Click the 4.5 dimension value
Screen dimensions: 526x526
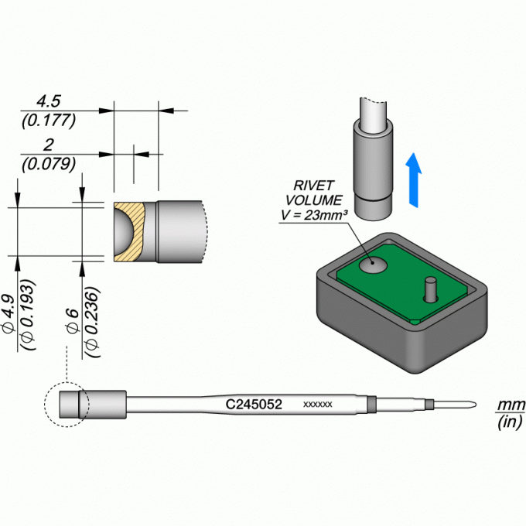pyautogui.click(x=49, y=101)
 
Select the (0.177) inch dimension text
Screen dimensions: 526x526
pyautogui.click(x=49, y=121)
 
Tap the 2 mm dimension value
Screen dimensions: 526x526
pyautogui.click(x=49, y=145)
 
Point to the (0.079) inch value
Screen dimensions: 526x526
pyautogui.click(x=49, y=164)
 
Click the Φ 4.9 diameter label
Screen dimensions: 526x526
pyautogui.click(x=9, y=314)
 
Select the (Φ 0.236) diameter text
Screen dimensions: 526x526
pyautogui.click(x=92, y=322)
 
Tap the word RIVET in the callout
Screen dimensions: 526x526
pyautogui.click(x=313, y=186)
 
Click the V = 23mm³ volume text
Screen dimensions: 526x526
pyautogui.click(x=314, y=215)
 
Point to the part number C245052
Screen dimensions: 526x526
pyautogui.click(x=254, y=405)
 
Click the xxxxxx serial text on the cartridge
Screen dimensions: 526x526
pyautogui.click(x=318, y=405)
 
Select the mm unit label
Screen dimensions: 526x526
pyautogui.click(x=511, y=405)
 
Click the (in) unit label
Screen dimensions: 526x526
pyautogui.click(x=511, y=422)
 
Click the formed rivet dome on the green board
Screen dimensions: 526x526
pyautogui.click(x=373, y=265)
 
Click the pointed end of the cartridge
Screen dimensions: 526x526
pyautogui.click(x=476, y=405)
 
